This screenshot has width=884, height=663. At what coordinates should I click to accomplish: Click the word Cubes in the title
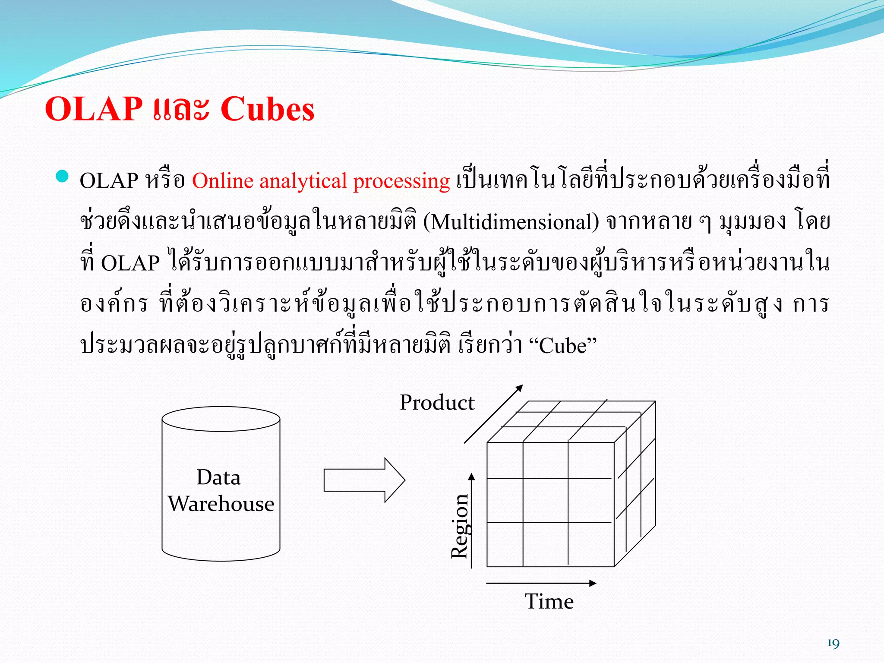[267, 109]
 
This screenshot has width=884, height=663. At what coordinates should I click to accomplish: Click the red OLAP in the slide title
[94, 109]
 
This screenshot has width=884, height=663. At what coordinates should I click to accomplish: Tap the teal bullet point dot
[63, 176]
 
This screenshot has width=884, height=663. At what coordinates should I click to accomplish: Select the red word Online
[222, 180]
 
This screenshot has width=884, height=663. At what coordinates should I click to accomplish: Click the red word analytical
[303, 181]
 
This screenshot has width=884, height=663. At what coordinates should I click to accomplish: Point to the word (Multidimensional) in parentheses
[511, 222]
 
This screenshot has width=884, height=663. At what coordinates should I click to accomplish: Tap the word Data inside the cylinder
[218, 477]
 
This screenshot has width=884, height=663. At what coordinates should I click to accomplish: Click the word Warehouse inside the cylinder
[221, 504]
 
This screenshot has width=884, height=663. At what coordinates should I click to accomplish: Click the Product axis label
[437, 402]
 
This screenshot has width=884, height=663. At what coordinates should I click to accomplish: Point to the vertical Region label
[459, 526]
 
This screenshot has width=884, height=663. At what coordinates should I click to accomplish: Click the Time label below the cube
[549, 601]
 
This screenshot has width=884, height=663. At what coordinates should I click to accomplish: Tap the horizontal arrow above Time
[541, 583]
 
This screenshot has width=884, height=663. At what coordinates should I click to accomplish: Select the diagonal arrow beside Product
[493, 414]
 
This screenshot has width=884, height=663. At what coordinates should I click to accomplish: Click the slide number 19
[833, 644]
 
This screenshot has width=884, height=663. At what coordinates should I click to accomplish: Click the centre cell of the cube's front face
[546, 500]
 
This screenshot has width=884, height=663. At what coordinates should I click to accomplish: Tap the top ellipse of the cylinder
[221, 419]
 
